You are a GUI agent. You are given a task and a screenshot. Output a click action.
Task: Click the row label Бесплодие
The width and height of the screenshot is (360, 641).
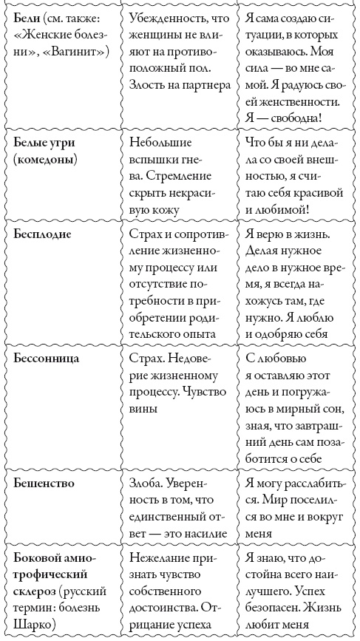pyautogui.click(x=43, y=235)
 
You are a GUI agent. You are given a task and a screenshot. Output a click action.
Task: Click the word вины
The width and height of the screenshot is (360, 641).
pyautogui.click(x=145, y=408)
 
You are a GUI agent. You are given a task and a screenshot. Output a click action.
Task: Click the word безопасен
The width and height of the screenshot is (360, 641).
pyautogui.click(x=276, y=611)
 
